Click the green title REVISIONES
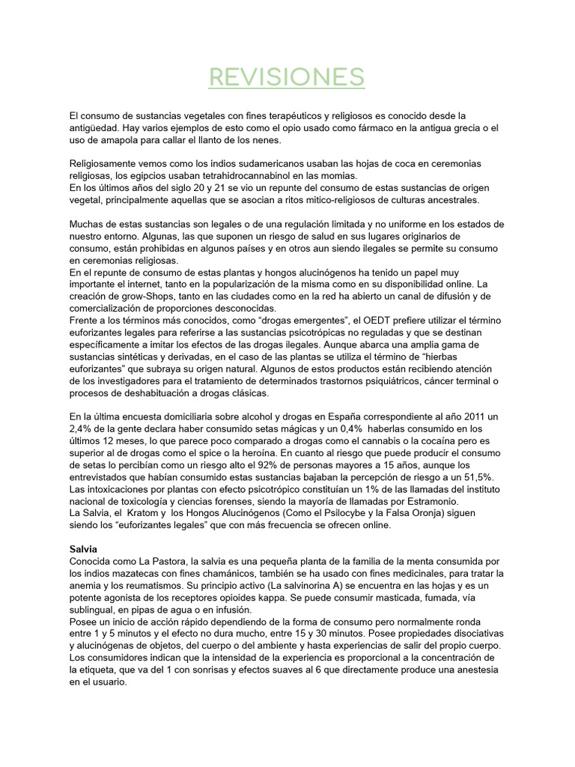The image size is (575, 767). (287, 76)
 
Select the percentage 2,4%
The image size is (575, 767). (82, 428)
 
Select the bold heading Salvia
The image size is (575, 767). (83, 549)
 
